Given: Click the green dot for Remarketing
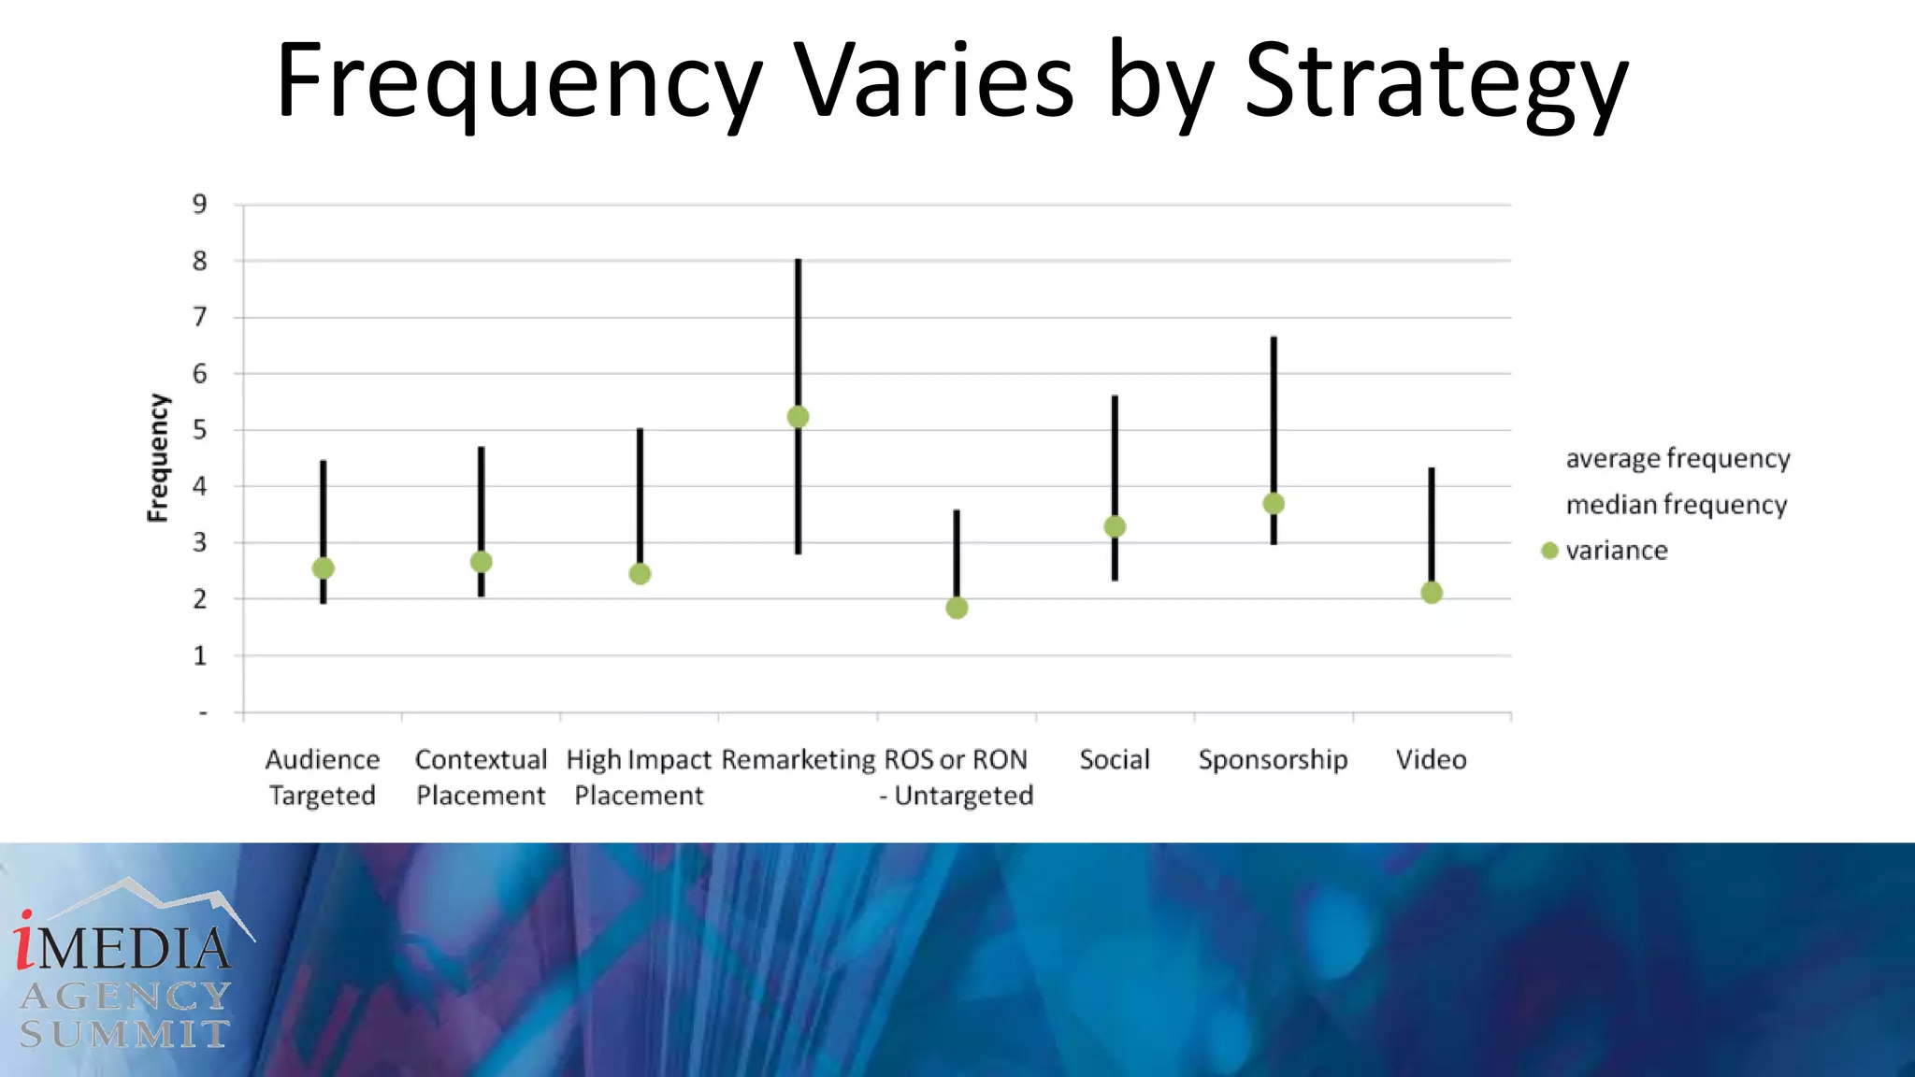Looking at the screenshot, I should click(798, 417).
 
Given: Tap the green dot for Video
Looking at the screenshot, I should click(1432, 593).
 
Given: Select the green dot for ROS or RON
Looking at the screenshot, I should click(957, 609).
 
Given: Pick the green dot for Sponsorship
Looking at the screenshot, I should click(1274, 504).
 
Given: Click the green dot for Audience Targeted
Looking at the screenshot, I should click(323, 568).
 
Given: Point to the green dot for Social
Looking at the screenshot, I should click(1115, 527).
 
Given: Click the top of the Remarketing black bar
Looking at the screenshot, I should click(799, 261).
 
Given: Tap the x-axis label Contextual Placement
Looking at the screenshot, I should click(481, 777).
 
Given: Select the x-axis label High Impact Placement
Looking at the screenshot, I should click(640, 777).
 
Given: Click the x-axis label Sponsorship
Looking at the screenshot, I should click(1273, 759).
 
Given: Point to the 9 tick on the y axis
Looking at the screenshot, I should click(199, 204).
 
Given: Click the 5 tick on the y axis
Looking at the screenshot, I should click(199, 430).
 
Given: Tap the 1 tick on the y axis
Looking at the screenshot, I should click(199, 656).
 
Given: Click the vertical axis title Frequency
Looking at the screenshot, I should click(159, 458).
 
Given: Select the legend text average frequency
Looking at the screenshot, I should click(1677, 459).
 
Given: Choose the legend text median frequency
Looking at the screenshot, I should click(1677, 505).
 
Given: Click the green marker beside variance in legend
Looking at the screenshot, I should click(1549, 551).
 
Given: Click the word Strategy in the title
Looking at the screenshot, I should click(1436, 82).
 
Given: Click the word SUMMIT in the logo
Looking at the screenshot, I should click(124, 1034).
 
